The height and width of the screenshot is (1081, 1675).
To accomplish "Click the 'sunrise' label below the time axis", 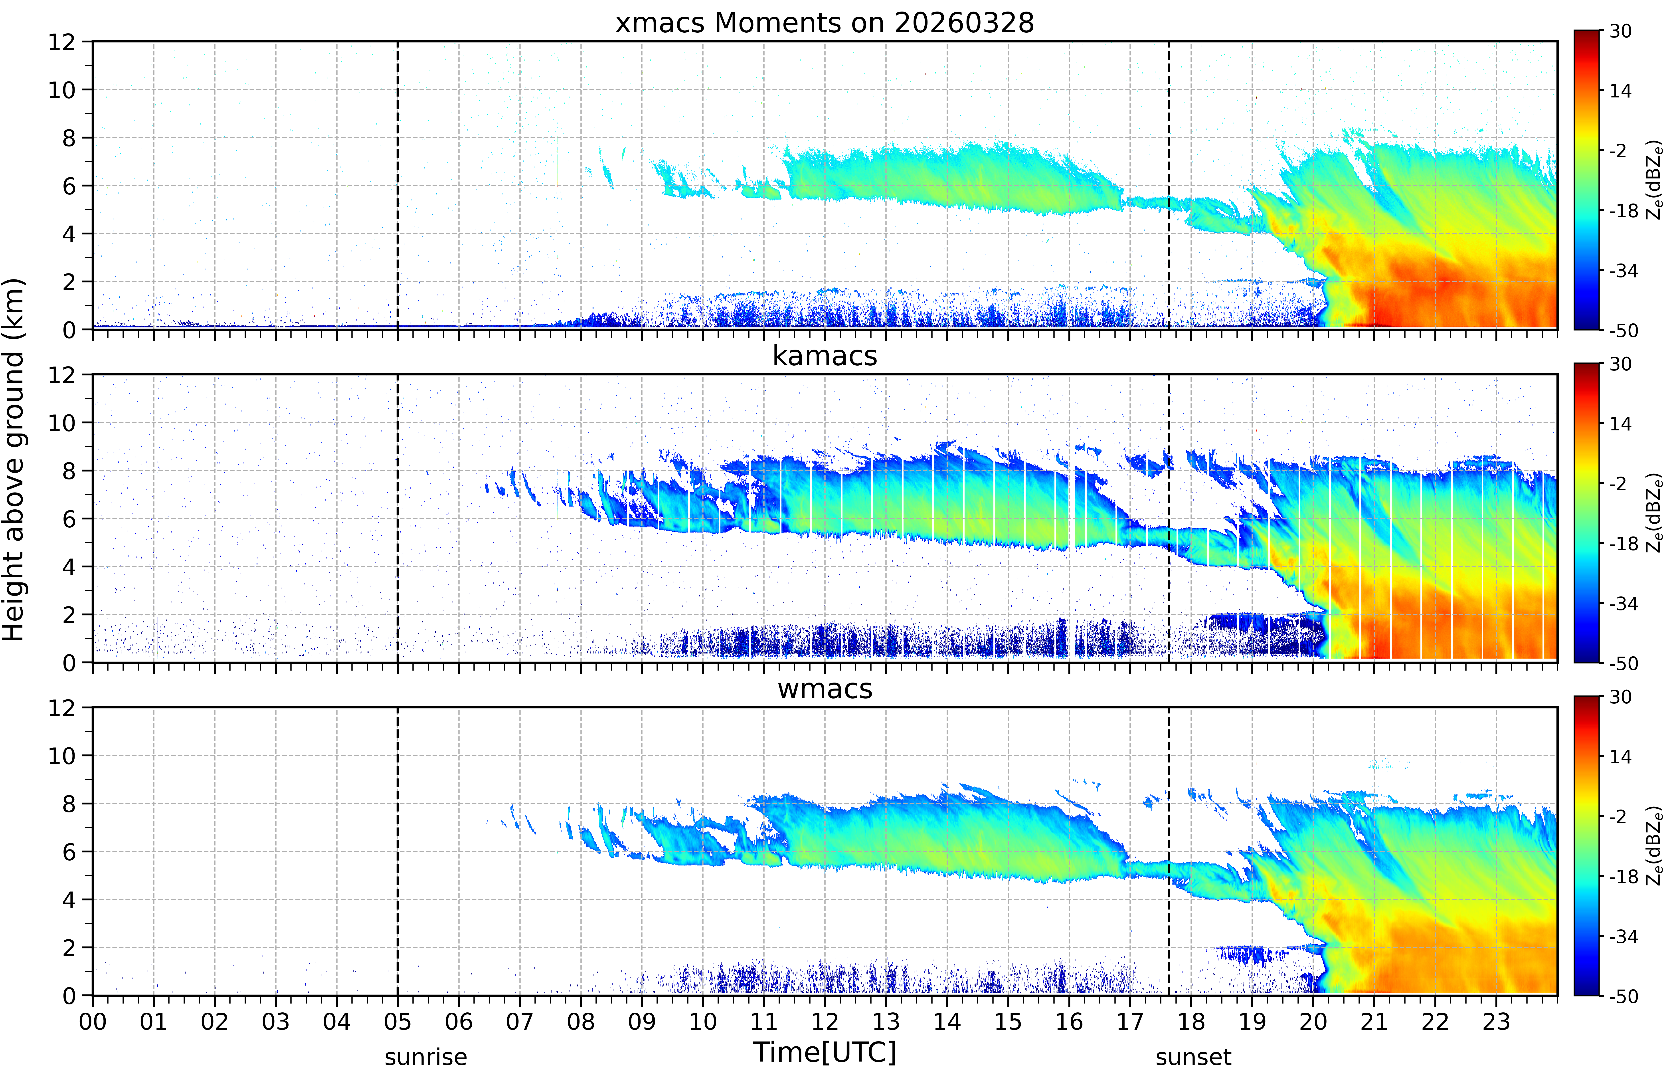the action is click(x=426, y=1056).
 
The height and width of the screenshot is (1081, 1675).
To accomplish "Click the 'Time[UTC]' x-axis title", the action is click(x=825, y=1052).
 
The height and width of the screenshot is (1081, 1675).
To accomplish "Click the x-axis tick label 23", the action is click(x=1496, y=1021).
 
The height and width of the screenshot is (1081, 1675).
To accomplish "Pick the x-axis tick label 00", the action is click(x=93, y=1021).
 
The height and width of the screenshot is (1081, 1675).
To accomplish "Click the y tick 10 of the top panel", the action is click(x=62, y=90).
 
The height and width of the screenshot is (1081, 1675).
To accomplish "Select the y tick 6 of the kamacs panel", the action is click(x=69, y=519).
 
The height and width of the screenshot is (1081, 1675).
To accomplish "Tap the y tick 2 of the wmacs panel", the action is click(x=69, y=948).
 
